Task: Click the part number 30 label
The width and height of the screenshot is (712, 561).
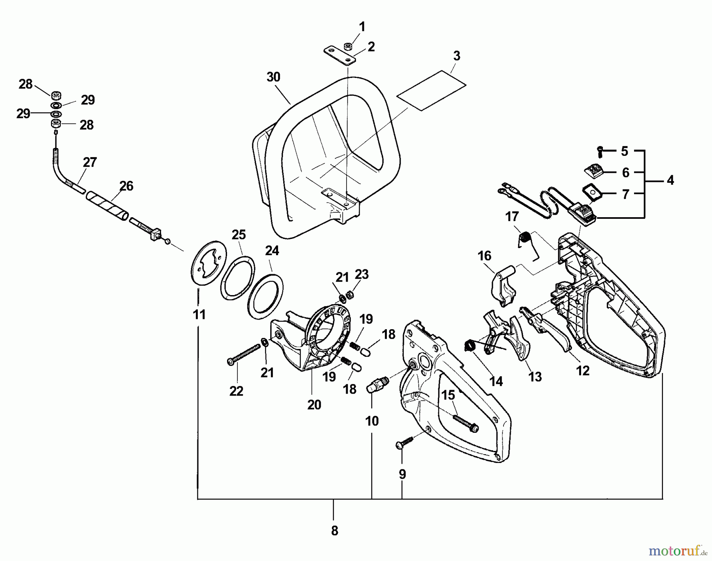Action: pyautogui.click(x=273, y=77)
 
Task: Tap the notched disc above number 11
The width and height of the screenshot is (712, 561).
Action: pyautogui.click(x=205, y=261)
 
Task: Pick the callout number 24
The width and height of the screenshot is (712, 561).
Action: pyautogui.click(x=272, y=251)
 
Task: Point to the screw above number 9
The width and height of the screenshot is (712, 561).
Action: pyautogui.click(x=404, y=442)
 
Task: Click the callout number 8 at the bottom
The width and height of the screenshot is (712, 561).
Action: pyautogui.click(x=334, y=531)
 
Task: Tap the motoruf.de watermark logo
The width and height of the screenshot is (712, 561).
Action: pyautogui.click(x=678, y=550)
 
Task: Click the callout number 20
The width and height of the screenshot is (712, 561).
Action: pyautogui.click(x=314, y=405)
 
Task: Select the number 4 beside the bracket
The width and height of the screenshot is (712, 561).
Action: pyautogui.click(x=670, y=180)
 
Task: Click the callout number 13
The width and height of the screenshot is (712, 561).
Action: pyautogui.click(x=535, y=377)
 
